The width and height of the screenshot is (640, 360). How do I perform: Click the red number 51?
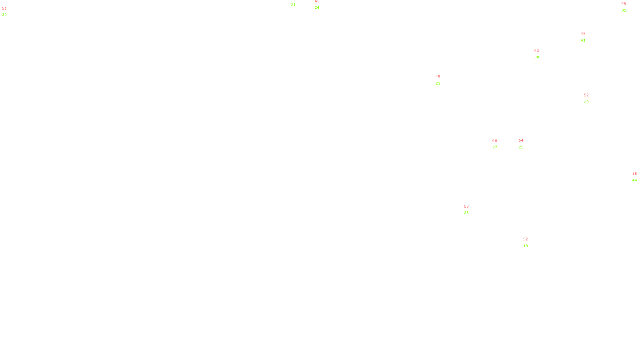tap(4, 8)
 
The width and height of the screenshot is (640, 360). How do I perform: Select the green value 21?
tap(293, 5)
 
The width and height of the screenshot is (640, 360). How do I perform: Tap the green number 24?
tap(317, 8)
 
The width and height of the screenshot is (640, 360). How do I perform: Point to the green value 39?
tap(624, 10)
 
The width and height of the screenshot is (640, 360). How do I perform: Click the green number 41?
tap(583, 40)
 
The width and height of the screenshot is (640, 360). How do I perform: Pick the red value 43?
tap(536, 51)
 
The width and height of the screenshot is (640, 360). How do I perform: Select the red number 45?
tap(438, 77)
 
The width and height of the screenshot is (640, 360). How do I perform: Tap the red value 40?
tap(494, 141)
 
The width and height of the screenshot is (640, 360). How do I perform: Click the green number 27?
tap(494, 147)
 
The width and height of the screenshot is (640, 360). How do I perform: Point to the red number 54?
tap(521, 140)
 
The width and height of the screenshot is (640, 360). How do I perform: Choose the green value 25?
tap(521, 147)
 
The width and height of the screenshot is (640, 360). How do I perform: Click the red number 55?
tap(634, 174)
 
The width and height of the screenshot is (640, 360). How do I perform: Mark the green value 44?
tap(634, 180)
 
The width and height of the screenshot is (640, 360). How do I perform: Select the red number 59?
tap(466, 206)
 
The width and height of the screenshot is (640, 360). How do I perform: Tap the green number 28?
tap(466, 213)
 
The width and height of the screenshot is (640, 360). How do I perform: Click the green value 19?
tap(525, 246)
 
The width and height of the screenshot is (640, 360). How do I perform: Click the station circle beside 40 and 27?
tap(498, 144)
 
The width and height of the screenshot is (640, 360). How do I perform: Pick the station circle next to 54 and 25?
tap(525, 144)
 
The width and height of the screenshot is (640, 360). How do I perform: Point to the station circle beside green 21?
tap(297, 2)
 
